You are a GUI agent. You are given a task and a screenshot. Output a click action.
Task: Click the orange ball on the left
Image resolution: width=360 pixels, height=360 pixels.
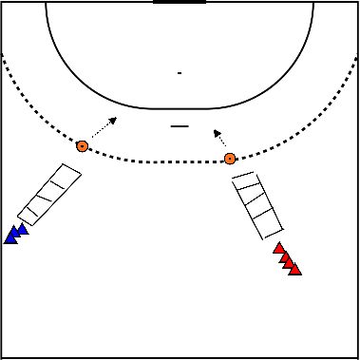coord(83,146)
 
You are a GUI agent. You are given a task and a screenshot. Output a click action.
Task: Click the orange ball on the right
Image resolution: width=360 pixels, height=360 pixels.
coord(229,159)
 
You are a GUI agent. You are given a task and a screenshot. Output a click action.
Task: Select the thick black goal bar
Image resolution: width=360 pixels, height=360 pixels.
coord(180,3)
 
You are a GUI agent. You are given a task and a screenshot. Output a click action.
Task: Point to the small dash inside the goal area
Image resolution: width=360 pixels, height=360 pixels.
coord(179,72)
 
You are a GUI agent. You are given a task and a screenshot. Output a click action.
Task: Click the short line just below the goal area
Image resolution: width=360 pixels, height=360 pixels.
coord(178,125)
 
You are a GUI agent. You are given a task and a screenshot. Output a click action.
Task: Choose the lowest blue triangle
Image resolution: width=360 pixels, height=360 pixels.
coord(11,237)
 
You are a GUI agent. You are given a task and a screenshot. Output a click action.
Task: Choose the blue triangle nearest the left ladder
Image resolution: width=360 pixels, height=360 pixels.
coord(23,229)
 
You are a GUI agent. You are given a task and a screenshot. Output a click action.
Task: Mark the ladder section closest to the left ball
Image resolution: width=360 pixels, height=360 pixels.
coord(68,175)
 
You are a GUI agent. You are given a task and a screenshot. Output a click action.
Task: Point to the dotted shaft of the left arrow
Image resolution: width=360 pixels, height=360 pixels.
coord(97,132)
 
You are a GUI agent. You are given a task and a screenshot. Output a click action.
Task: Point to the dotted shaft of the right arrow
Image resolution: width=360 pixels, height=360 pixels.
coord(223,143)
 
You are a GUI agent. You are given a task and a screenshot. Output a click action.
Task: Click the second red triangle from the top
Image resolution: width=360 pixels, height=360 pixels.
coord(284,256)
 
